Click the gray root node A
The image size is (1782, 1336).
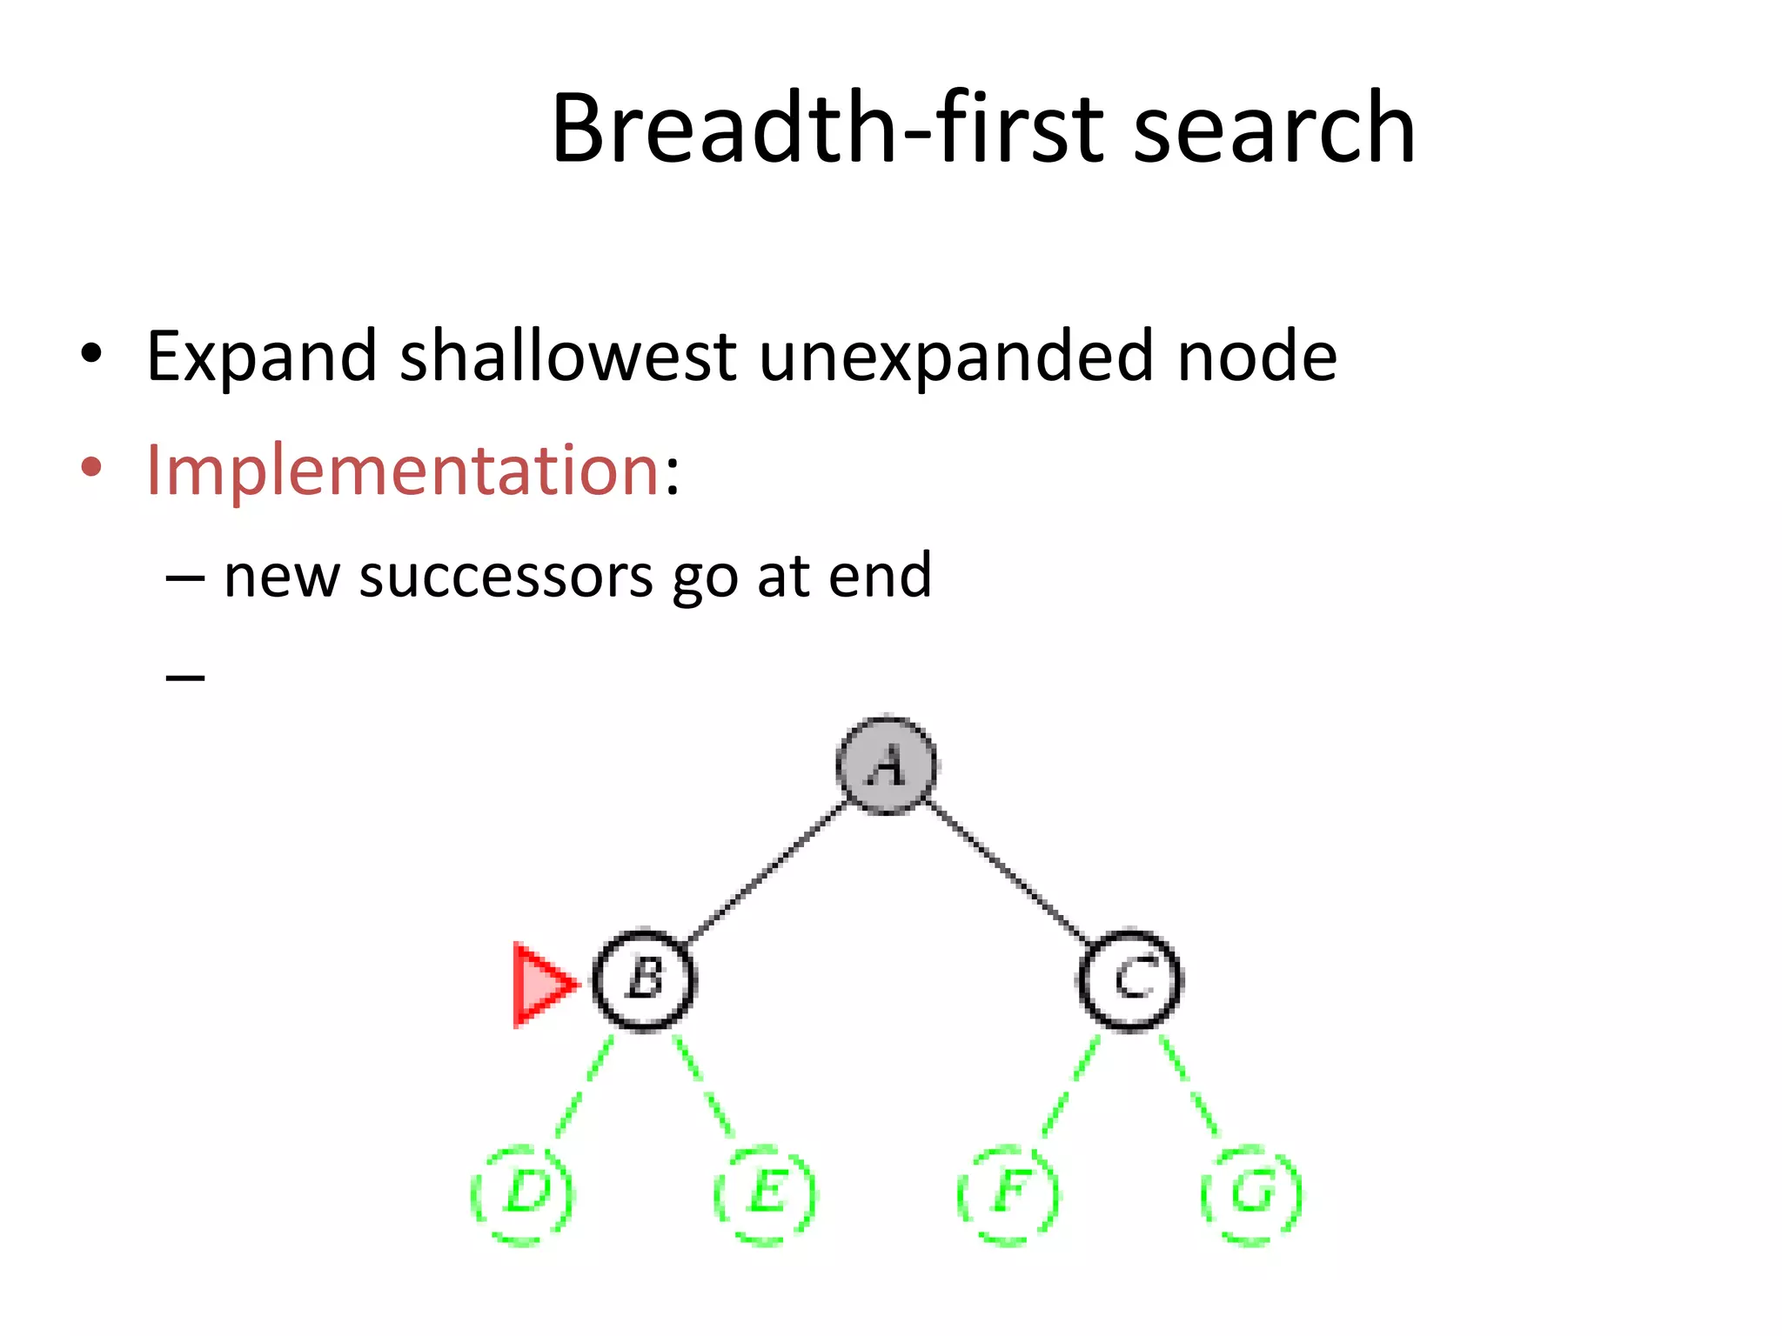coord(886,765)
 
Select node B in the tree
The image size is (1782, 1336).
coord(644,980)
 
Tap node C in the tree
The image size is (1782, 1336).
coord(1129,980)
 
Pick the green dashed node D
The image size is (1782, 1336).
coord(523,1195)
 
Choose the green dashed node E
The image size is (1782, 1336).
coord(765,1195)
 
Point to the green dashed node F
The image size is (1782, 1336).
coord(1008,1195)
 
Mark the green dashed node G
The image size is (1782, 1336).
coord(1250,1195)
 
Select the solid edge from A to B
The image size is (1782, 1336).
coord(766,872)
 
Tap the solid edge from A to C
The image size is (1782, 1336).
coord(1008,872)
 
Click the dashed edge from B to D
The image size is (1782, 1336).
coord(584,1087)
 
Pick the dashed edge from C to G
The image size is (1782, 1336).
coord(1189,1087)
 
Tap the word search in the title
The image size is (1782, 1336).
coord(1275,128)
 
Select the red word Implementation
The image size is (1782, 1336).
coord(402,471)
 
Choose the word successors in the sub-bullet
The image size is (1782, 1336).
coord(506,576)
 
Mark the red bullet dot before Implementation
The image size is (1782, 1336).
coord(91,468)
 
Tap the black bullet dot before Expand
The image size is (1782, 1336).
coord(91,354)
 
